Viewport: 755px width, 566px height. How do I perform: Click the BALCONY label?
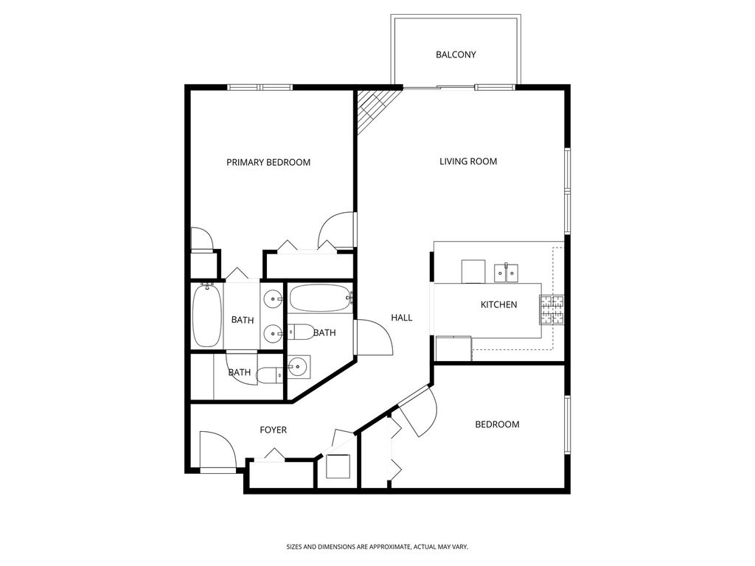point(456,55)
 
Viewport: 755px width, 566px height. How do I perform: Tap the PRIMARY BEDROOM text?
point(268,162)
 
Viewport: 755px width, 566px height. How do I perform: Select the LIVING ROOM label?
point(468,161)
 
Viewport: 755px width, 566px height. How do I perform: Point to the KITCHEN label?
point(499,304)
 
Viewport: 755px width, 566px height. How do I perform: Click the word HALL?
point(402,317)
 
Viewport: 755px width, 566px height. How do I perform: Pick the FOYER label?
point(273,430)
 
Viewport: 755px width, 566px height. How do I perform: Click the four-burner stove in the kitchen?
point(552,310)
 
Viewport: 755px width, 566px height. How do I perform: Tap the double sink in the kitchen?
point(506,273)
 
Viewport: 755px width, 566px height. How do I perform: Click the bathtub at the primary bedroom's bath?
point(207,315)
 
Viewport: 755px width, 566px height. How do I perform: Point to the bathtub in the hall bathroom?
point(321,298)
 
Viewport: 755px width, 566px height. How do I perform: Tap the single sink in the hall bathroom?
point(299,367)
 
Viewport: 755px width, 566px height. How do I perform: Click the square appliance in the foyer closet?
point(338,466)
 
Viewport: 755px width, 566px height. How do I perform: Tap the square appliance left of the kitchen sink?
point(473,271)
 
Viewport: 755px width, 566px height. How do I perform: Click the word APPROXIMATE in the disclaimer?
point(383,547)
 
